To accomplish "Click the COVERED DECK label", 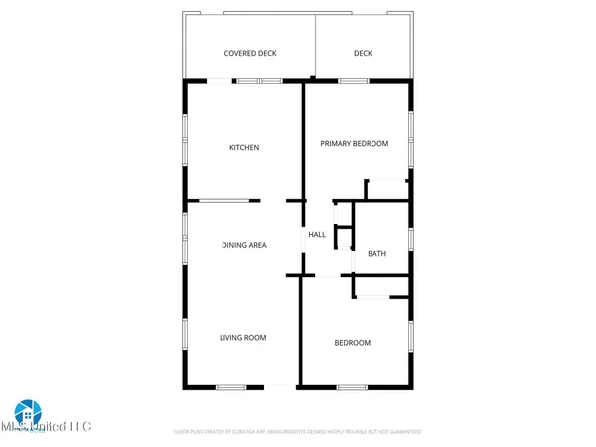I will pos(250,53).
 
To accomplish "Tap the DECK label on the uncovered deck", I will pos(363,53).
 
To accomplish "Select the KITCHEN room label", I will pos(244,148).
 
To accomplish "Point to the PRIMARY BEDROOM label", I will pos(354,144).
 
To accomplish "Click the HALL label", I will pos(317,235).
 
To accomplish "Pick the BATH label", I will pos(376,253).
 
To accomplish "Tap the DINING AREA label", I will pos(243,244).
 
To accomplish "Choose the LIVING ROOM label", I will pos(243,338).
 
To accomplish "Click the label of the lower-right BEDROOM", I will pos(352,343).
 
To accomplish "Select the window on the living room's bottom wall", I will pos(232,386).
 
